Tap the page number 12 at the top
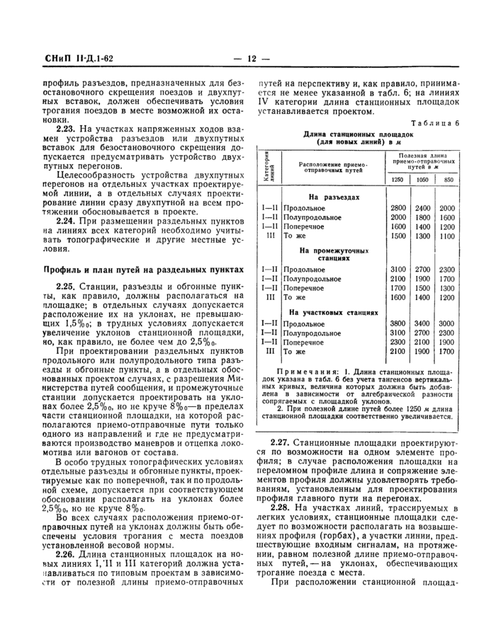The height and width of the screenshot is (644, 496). pos(251,59)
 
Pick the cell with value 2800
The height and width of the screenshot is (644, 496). pos(398,208)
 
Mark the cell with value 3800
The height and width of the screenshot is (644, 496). pos(398,323)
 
